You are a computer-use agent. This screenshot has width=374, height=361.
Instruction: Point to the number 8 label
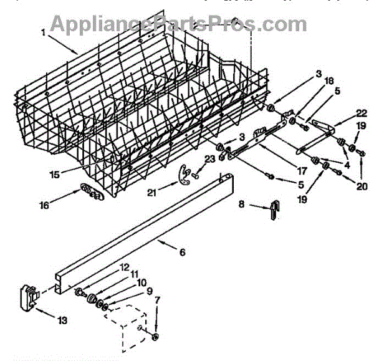(242, 203)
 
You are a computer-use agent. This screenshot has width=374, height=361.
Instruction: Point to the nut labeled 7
(155, 337)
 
